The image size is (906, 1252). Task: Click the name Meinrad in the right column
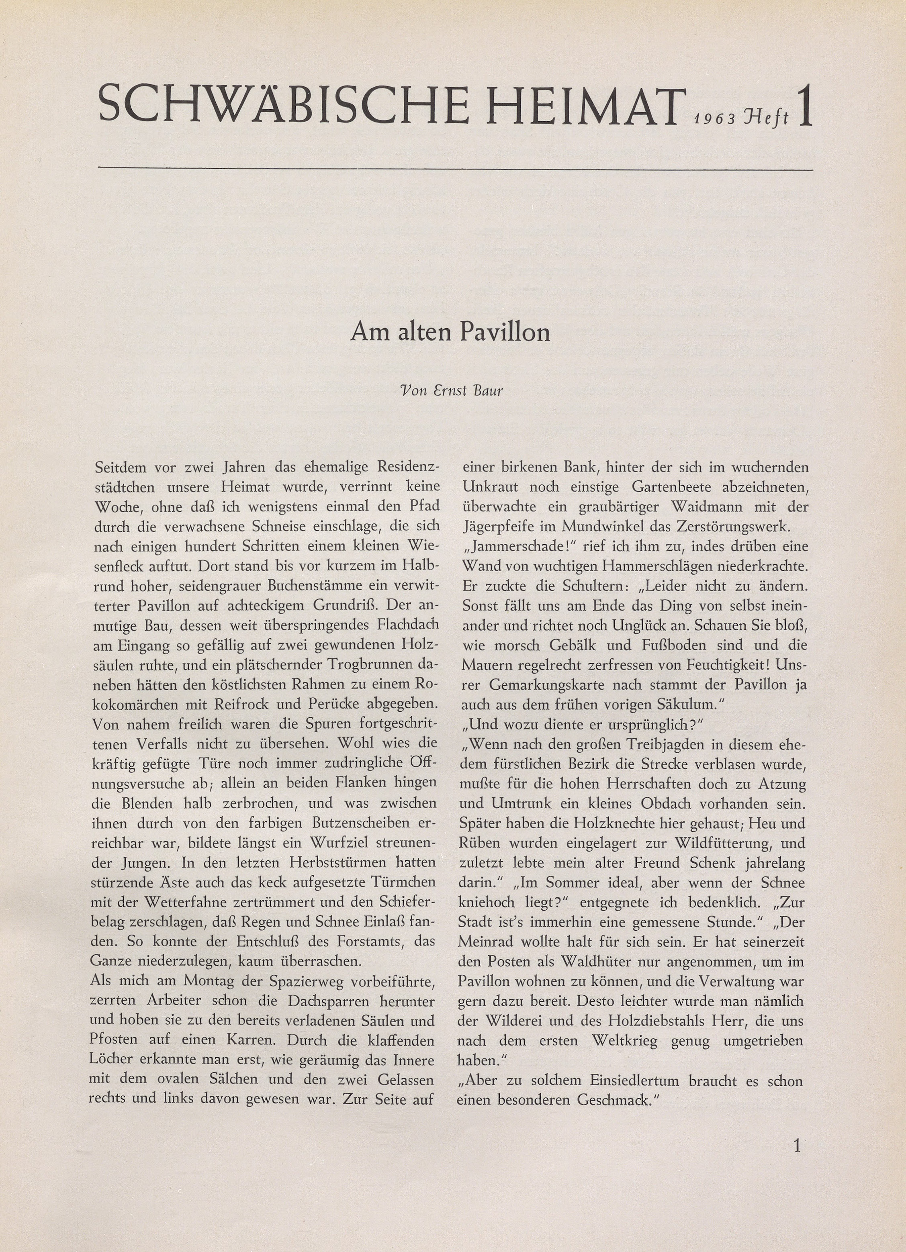485,942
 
